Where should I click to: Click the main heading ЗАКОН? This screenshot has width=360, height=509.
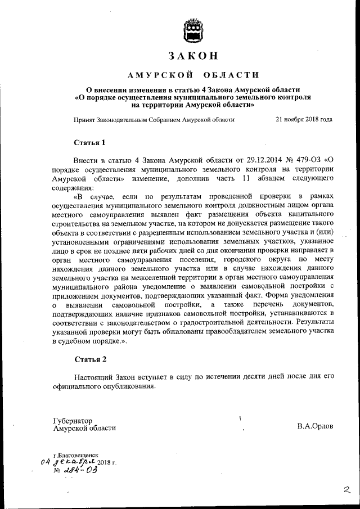pyautogui.click(x=192, y=56)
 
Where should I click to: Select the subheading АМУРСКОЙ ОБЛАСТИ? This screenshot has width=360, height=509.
pyautogui.click(x=193, y=75)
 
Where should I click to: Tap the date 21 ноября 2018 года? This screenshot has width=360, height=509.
pyautogui.click(x=304, y=119)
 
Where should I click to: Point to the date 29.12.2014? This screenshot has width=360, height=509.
pyautogui.click(x=250, y=161)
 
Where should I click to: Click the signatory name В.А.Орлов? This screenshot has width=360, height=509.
pyautogui.click(x=315, y=426)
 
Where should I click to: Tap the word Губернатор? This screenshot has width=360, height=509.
pyautogui.click(x=73, y=420)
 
